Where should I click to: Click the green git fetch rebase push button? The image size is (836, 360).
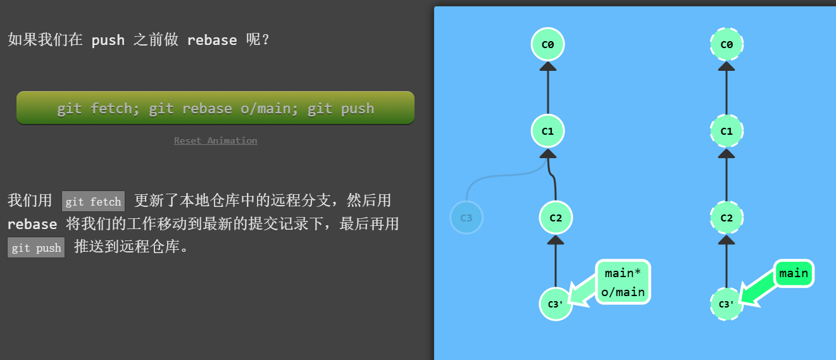coord(215,108)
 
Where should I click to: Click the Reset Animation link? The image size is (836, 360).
coord(215,140)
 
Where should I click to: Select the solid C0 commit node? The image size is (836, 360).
coord(548,44)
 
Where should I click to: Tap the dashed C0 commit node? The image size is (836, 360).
coord(727,44)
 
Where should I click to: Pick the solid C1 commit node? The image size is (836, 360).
coord(548,131)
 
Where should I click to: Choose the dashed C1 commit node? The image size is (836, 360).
coord(727,131)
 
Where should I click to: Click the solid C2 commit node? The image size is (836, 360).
coord(556,218)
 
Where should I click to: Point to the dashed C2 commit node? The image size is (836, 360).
coord(727,218)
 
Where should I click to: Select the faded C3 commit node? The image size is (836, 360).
coord(466,218)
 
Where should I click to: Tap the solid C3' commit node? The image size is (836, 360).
coord(556,304)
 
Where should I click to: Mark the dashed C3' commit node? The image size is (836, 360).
coord(727,304)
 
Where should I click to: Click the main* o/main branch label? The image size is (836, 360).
coord(623,282)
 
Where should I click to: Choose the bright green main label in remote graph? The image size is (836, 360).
coord(794,273)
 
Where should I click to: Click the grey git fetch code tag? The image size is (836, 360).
coord(93,202)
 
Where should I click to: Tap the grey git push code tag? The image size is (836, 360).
coord(36,247)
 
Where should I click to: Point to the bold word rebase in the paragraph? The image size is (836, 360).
coord(32,224)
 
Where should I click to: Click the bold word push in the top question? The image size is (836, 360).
coord(108,40)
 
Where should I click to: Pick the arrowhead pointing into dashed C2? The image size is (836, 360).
coord(727,239)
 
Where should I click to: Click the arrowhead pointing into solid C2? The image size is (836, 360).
coord(556,239)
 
